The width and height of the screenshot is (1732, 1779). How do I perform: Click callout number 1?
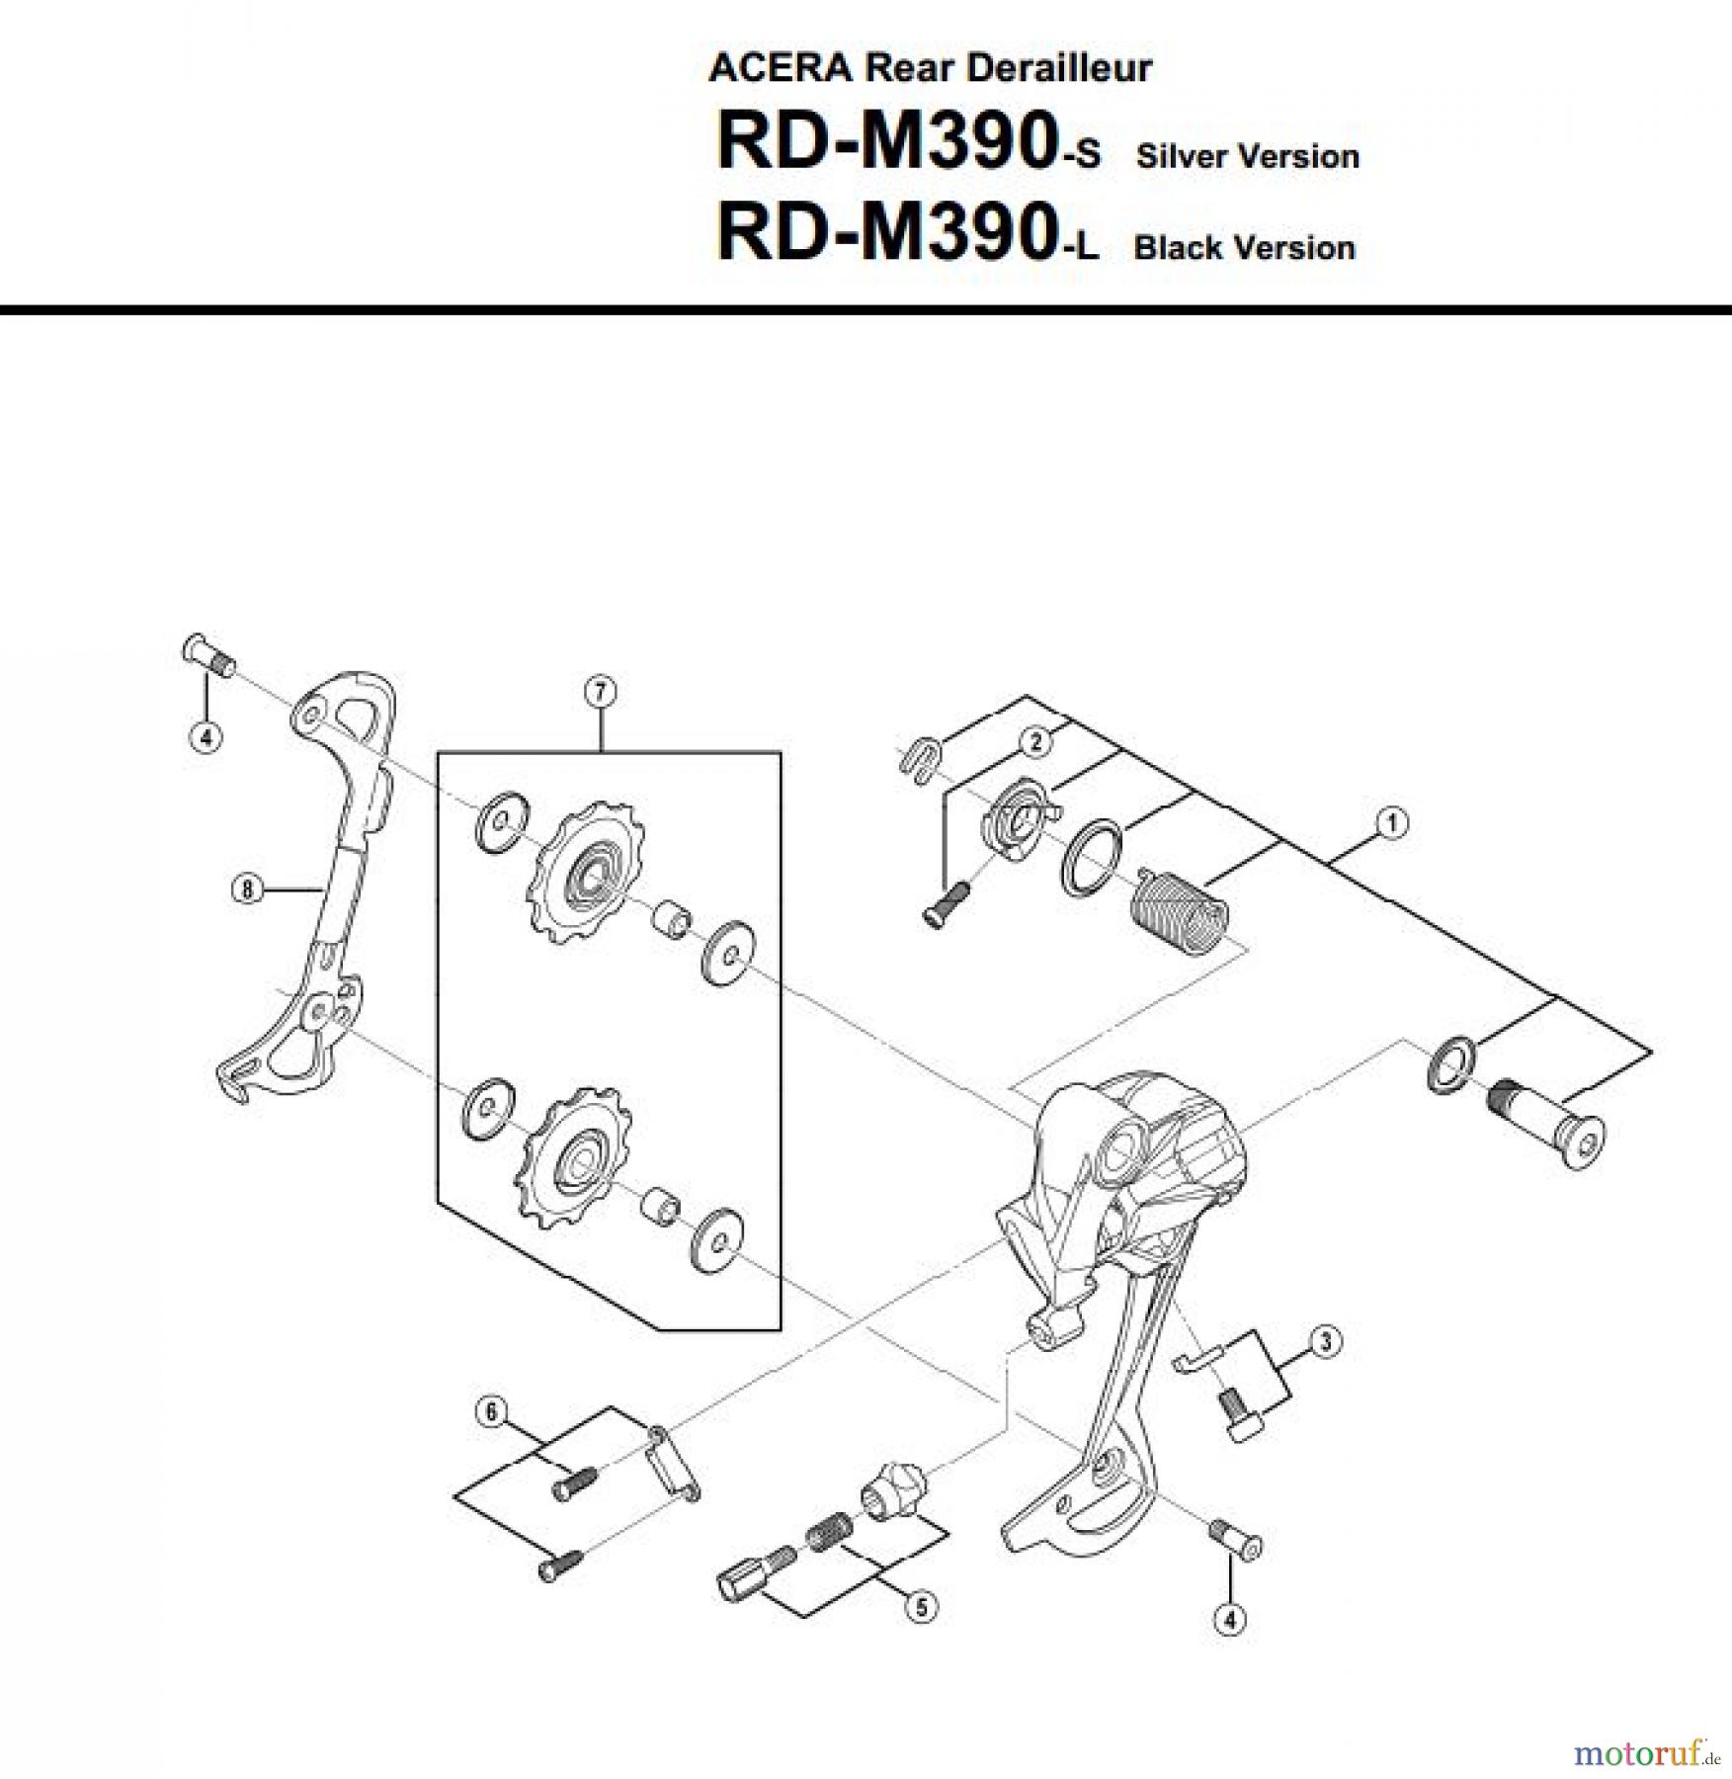click(1391, 822)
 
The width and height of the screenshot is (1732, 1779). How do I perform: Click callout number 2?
click(1035, 741)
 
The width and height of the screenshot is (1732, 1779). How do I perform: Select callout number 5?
click(921, 1606)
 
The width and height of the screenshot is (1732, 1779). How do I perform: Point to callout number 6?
click(492, 1411)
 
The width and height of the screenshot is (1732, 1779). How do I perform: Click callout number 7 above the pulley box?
click(601, 692)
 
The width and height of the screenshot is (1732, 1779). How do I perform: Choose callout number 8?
click(247, 889)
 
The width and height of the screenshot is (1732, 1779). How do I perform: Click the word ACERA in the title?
click(781, 67)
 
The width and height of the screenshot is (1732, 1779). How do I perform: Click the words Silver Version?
click(1247, 156)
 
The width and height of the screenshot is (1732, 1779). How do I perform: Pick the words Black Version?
click(1244, 247)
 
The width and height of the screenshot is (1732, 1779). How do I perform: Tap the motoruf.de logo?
click(1646, 1752)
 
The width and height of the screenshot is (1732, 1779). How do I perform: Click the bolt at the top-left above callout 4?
click(207, 654)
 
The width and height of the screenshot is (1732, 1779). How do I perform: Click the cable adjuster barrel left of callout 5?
click(755, 1575)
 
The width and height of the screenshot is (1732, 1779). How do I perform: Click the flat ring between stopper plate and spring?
click(1091, 856)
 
